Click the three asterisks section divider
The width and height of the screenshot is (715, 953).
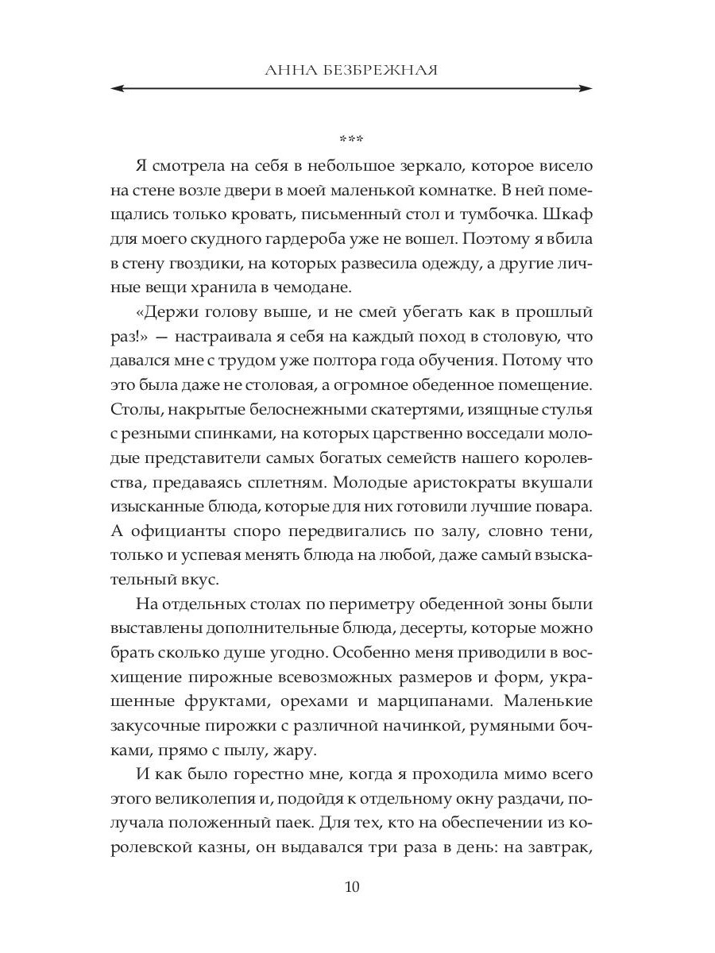351,141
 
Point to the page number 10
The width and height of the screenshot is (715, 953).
352,885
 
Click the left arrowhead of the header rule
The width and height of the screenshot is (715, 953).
116,88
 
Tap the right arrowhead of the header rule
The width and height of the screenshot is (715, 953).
588,88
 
